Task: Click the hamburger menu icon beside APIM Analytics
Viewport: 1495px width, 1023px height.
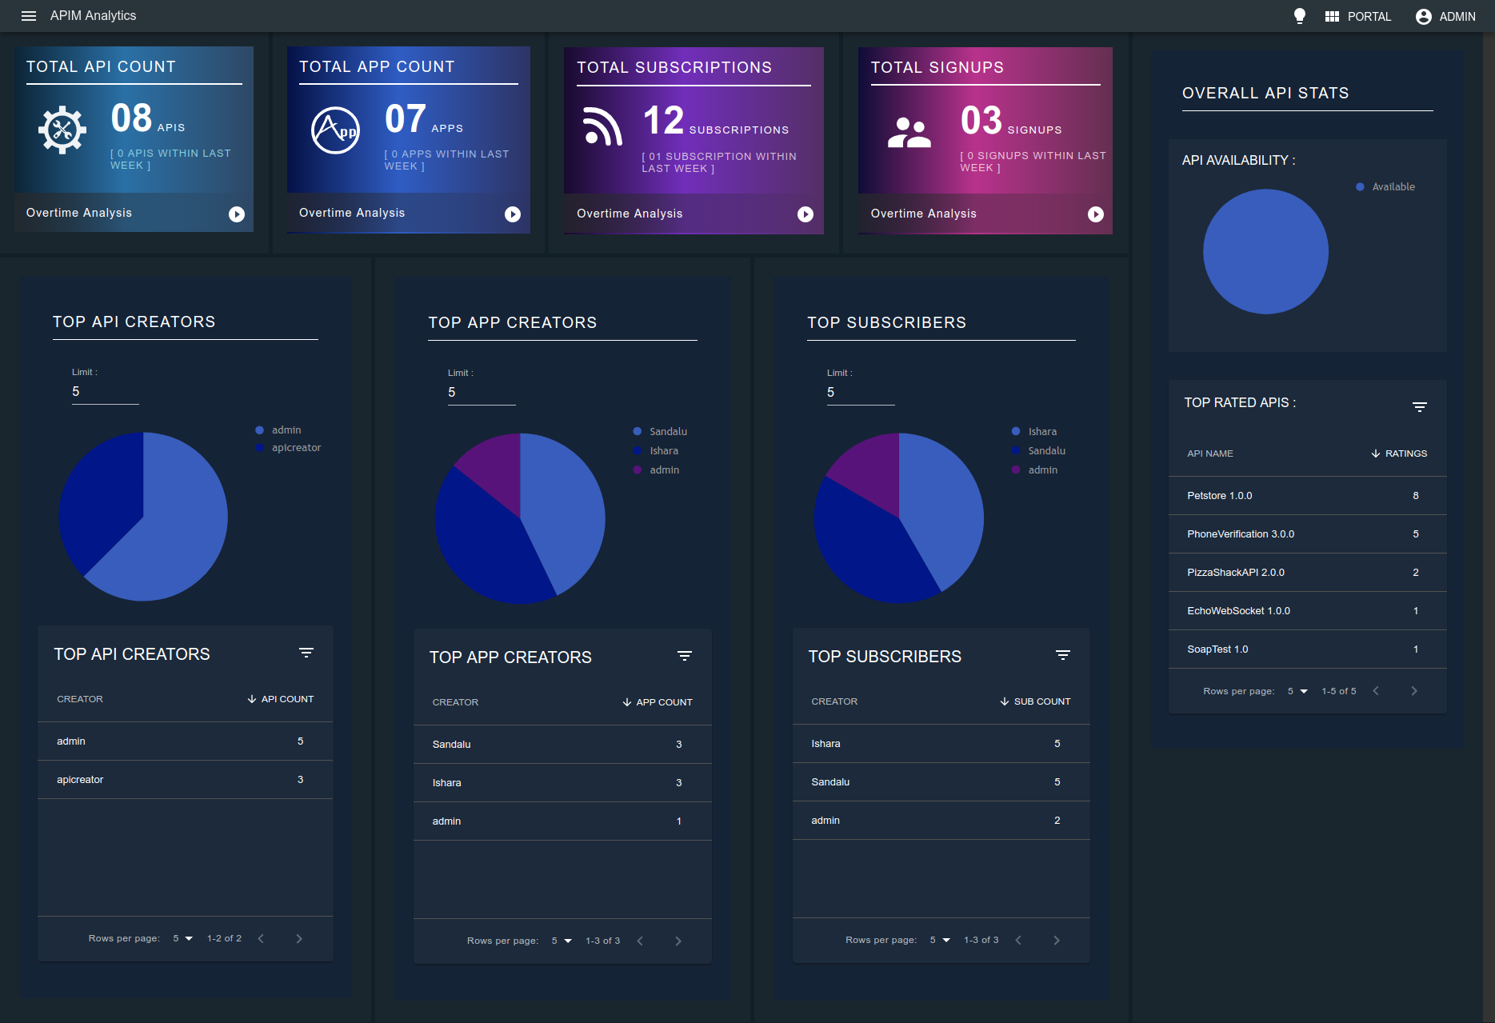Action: pyautogui.click(x=29, y=16)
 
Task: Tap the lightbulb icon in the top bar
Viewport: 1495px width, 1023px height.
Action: pyautogui.click(x=1300, y=16)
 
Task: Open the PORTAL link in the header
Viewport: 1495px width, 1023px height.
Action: pyautogui.click(x=1358, y=16)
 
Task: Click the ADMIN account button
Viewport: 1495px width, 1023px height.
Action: pyautogui.click(x=1445, y=16)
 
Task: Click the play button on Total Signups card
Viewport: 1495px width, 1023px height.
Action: pyautogui.click(x=1096, y=214)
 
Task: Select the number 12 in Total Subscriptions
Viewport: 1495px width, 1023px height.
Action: pyautogui.click(x=664, y=121)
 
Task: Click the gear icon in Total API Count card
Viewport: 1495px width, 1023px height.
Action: pyautogui.click(x=62, y=130)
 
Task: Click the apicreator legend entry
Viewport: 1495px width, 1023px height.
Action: pyautogui.click(x=288, y=448)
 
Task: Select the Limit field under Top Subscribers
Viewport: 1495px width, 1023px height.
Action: pyautogui.click(x=861, y=392)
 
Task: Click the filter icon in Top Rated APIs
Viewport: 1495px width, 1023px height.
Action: pyautogui.click(x=1420, y=407)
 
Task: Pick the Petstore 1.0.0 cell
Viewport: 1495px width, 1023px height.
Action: pyautogui.click(x=1220, y=496)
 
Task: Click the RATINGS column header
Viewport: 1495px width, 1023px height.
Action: pyautogui.click(x=1399, y=454)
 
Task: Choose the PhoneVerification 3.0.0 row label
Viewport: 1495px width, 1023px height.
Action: pyautogui.click(x=1241, y=534)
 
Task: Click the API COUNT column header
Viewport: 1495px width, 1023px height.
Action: pyautogui.click(x=280, y=699)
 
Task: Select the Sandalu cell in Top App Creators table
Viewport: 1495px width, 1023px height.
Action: pyautogui.click(x=452, y=745)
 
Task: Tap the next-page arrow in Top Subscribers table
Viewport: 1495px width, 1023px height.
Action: pyautogui.click(x=1057, y=941)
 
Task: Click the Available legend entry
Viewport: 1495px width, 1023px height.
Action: pyautogui.click(x=1385, y=187)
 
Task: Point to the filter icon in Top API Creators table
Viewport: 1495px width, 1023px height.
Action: pyautogui.click(x=306, y=653)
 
